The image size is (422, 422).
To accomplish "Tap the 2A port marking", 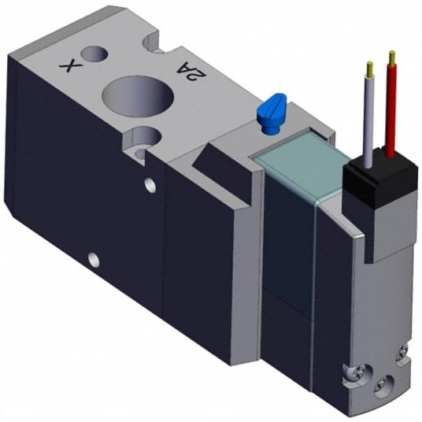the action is point(191,71).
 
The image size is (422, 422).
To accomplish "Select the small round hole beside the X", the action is point(95,54).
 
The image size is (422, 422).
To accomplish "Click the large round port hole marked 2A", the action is point(138,96).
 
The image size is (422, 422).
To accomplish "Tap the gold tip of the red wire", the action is point(392,57).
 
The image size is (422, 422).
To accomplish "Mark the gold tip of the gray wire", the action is point(370,68).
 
